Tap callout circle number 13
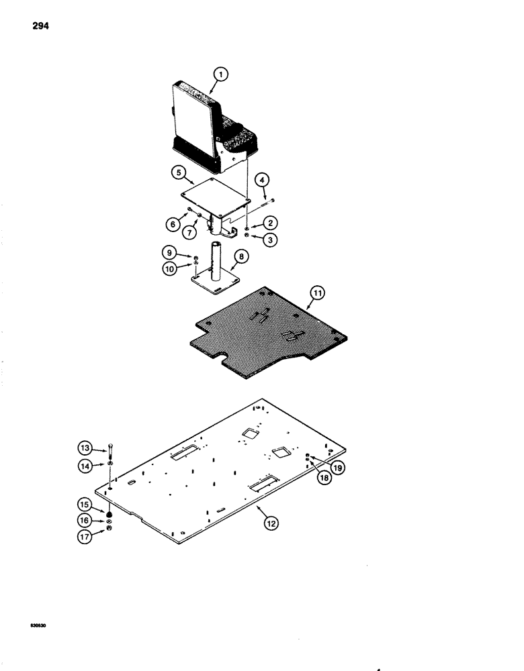click(85, 448)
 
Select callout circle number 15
click(85, 505)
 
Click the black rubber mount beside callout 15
click(108, 515)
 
